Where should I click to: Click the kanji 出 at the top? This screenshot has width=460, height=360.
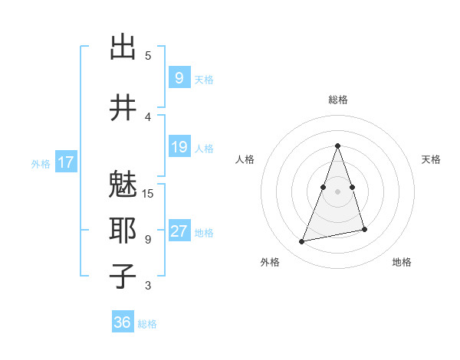pyautogui.click(x=123, y=48)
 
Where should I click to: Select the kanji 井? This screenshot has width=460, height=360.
pyautogui.click(x=123, y=107)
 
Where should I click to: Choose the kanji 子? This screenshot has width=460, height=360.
pyautogui.click(x=123, y=276)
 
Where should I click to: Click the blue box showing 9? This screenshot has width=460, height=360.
pyautogui.click(x=179, y=78)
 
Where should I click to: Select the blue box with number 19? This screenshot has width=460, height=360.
pyautogui.click(x=179, y=147)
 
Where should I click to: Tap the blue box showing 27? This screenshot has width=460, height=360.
pyautogui.click(x=179, y=232)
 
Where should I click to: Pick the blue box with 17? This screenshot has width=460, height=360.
pyautogui.click(x=65, y=162)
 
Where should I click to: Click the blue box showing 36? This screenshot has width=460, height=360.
pyautogui.click(x=123, y=322)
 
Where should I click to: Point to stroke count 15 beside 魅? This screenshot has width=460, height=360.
pyautogui.click(x=148, y=194)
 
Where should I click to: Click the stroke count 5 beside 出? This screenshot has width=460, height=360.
pyautogui.click(x=148, y=55)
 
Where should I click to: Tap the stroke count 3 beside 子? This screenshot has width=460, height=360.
pyautogui.click(x=148, y=286)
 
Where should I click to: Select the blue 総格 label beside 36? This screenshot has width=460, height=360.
pyautogui.click(x=147, y=324)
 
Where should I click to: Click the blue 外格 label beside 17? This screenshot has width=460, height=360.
pyautogui.click(x=41, y=163)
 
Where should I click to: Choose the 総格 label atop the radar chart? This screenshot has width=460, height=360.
pyautogui.click(x=337, y=100)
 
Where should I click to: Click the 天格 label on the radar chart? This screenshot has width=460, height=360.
pyautogui.click(x=431, y=159)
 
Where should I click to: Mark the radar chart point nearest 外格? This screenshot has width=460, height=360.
pyautogui.click(x=302, y=242)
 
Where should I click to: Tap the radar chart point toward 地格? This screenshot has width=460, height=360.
pyautogui.click(x=364, y=229)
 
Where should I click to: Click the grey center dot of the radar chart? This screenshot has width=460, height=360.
pyautogui.click(x=337, y=181)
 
